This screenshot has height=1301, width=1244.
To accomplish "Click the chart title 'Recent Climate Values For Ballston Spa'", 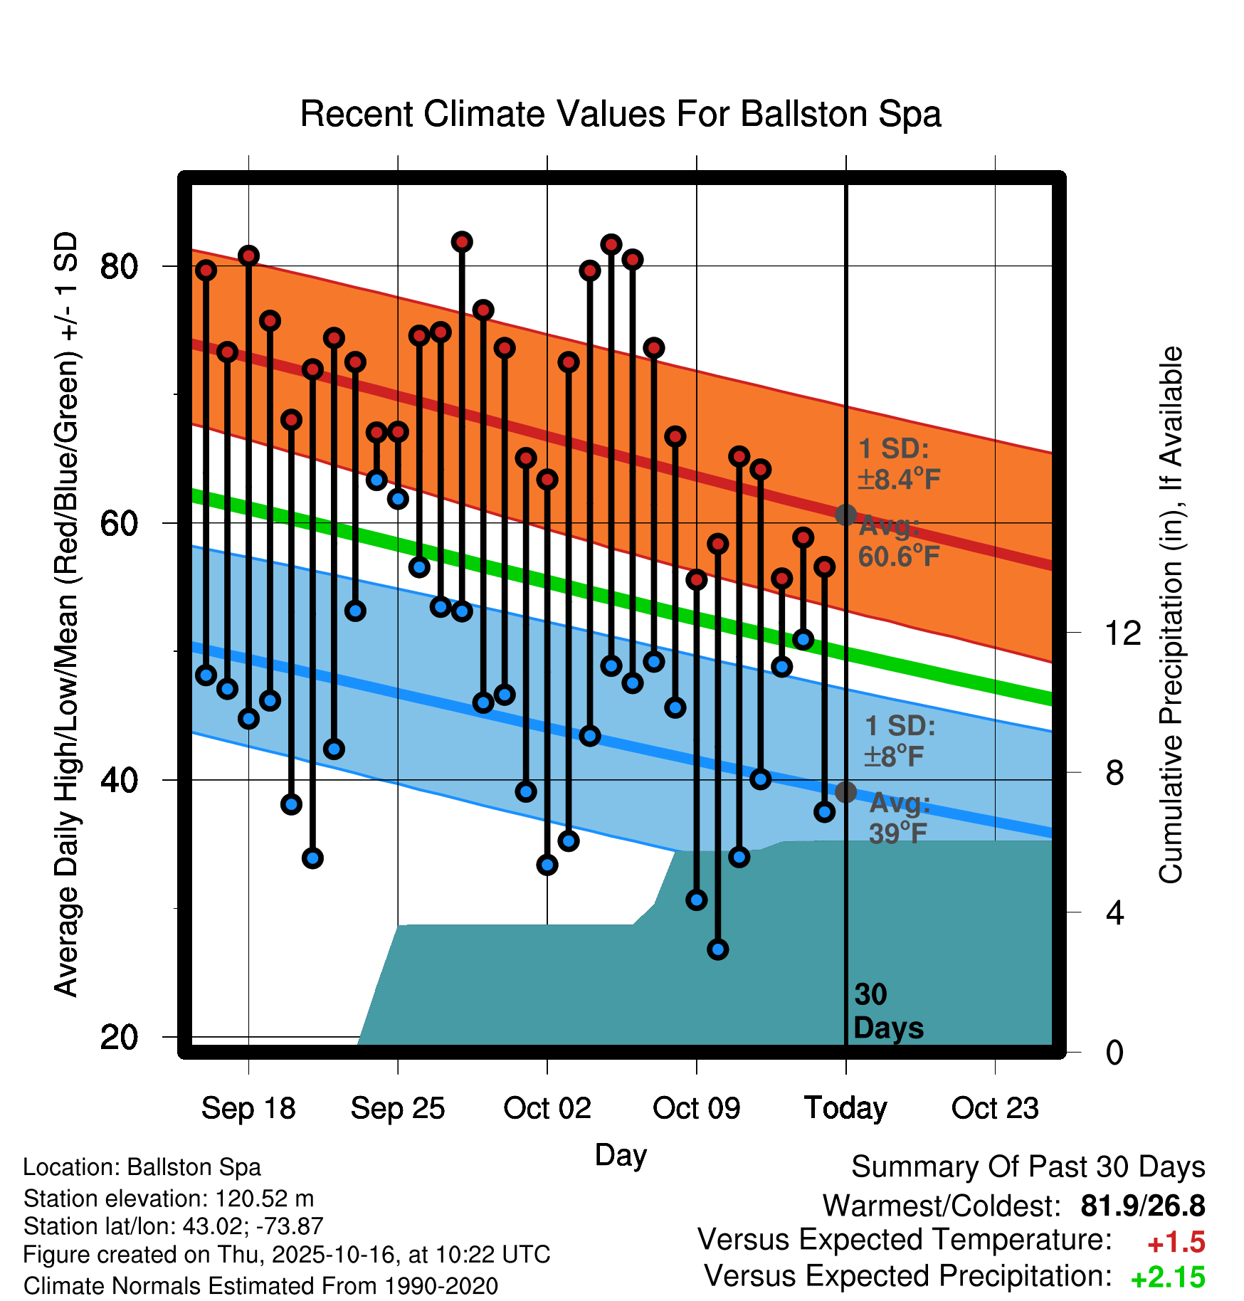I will tap(621, 114).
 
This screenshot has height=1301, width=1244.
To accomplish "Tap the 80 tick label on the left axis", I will tap(119, 267).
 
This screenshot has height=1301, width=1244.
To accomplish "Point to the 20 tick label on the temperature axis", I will tap(119, 1037).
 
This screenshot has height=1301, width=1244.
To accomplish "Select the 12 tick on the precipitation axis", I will tap(1122, 633).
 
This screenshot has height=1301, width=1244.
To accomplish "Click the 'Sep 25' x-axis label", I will tap(398, 1108).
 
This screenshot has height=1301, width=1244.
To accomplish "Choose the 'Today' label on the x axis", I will tap(845, 1108).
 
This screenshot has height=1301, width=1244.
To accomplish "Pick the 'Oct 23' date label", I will tap(995, 1108).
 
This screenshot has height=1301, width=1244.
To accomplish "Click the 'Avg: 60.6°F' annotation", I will tap(898, 542).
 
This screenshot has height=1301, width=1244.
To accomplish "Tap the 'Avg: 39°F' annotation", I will tap(899, 818).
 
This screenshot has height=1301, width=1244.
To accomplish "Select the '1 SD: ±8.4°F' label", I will tap(898, 464).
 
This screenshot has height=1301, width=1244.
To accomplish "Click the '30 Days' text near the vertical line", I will tap(887, 1011).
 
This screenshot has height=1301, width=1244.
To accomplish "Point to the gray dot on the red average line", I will tap(845, 515).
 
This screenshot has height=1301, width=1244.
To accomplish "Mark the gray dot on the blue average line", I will tap(845, 791).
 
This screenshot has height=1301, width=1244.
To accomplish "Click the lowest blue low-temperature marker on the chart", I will tap(718, 949).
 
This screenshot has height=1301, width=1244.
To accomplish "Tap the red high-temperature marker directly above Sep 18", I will tap(248, 256).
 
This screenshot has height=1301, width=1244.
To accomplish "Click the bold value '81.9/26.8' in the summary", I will tap(1142, 1206).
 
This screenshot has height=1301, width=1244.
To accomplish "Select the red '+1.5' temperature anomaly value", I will tap(1176, 1243).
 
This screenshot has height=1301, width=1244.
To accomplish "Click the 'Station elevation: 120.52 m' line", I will tap(169, 1199).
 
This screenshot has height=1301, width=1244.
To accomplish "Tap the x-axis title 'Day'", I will tap(621, 1154).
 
